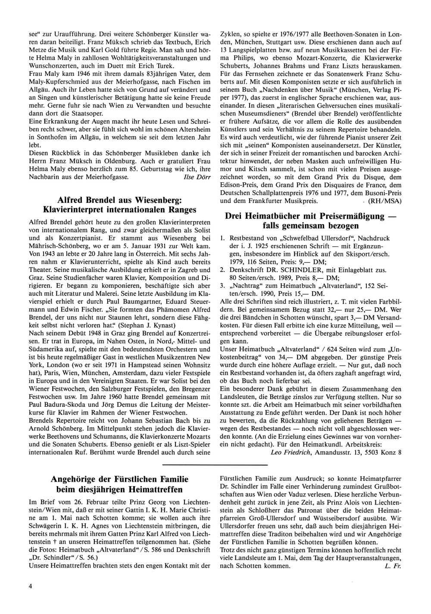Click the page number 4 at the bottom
(31, 586)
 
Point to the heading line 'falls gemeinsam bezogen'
(310, 225)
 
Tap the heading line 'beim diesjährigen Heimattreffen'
(119, 489)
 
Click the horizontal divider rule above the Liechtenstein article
(215, 465)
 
